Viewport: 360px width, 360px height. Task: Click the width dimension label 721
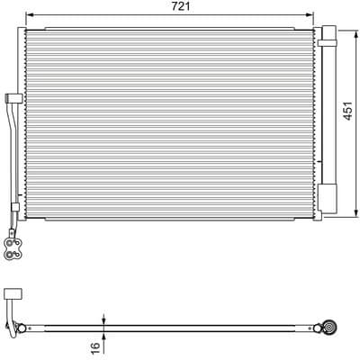point(181,6)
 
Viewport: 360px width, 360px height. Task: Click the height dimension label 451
point(347,111)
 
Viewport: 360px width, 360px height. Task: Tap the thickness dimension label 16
point(94,348)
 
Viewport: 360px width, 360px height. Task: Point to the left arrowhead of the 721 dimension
point(30,14)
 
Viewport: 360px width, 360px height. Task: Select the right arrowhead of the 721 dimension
point(310,14)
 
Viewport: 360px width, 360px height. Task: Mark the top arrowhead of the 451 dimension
point(356,33)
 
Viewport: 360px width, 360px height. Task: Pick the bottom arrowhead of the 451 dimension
point(356,212)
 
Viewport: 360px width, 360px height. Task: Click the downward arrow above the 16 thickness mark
point(103,319)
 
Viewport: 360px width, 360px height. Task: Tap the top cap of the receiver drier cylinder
point(329,32)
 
